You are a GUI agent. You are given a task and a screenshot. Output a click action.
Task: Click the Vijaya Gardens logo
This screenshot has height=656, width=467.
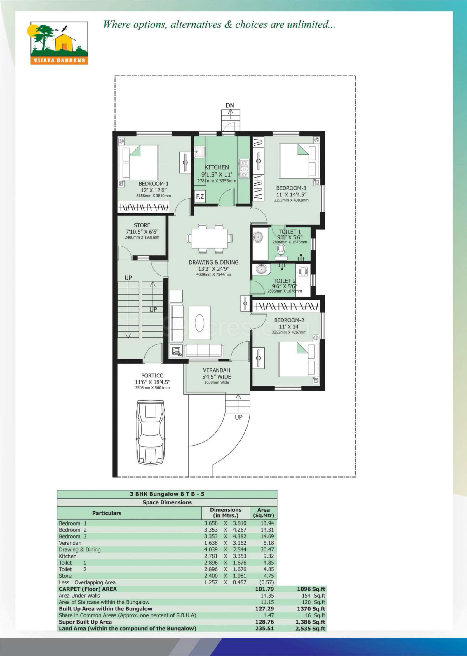point(59,43)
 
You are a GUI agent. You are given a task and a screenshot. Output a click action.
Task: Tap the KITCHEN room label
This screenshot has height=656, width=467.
point(217,167)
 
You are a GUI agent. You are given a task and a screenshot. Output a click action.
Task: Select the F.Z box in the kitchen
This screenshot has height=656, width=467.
point(200,196)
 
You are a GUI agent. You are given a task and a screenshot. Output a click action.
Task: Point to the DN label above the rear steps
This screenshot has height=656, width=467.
point(230,105)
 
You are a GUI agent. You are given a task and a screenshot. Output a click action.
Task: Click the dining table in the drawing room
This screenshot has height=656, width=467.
point(210,238)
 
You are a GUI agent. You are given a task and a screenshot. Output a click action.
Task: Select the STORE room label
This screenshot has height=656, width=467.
point(142,225)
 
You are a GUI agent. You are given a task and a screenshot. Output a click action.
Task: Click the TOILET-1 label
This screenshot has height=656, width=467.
point(290,232)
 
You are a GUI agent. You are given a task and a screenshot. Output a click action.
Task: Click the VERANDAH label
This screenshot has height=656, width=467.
point(217,370)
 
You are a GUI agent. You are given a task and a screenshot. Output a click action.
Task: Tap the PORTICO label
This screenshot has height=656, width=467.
point(152,375)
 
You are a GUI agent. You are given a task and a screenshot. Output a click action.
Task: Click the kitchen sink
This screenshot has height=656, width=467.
point(200,152)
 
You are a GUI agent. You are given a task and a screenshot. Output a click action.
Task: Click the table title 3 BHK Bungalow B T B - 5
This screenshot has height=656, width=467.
point(167,494)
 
